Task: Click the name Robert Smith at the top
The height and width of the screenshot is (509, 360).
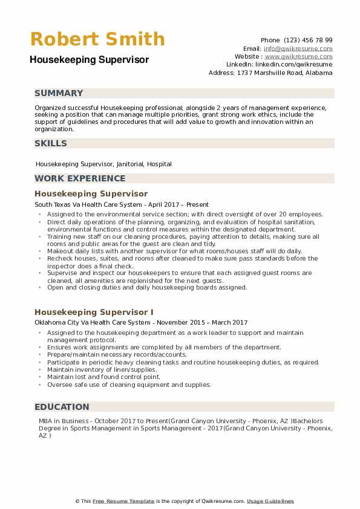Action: pyautogui.click(x=97, y=39)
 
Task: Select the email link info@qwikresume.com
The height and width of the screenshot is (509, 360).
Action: pyautogui.click(x=298, y=48)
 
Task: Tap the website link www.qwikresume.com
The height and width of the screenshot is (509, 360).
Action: pyautogui.click(x=298, y=56)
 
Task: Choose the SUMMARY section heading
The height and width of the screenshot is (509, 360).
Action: pyautogui.click(x=59, y=93)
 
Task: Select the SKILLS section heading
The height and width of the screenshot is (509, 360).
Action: pyautogui.click(x=51, y=143)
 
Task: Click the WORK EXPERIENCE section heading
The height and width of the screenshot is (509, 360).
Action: pyautogui.click(x=80, y=178)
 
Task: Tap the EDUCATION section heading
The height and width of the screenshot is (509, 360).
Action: pyautogui.click(x=62, y=407)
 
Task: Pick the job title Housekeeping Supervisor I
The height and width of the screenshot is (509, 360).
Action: pyautogui.click(x=94, y=312)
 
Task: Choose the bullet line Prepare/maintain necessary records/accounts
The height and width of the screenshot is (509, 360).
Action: pyautogui.click(x=117, y=355)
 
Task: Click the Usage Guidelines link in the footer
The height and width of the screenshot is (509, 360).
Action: pyautogui.click(x=270, y=501)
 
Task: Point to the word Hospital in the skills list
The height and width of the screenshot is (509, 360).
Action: pyautogui.click(x=159, y=164)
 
